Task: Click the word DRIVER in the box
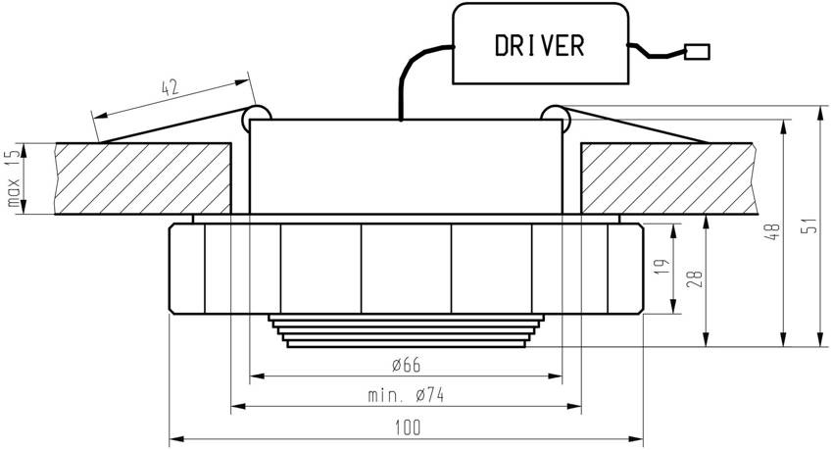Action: click(x=539, y=45)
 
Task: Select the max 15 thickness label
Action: click(x=14, y=179)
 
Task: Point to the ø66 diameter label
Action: click(x=404, y=366)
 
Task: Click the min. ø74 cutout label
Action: click(x=404, y=396)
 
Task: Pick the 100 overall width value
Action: click(x=408, y=427)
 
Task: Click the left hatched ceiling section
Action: click(x=143, y=179)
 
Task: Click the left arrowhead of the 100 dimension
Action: click(x=175, y=437)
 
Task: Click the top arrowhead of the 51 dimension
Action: click(x=819, y=110)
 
